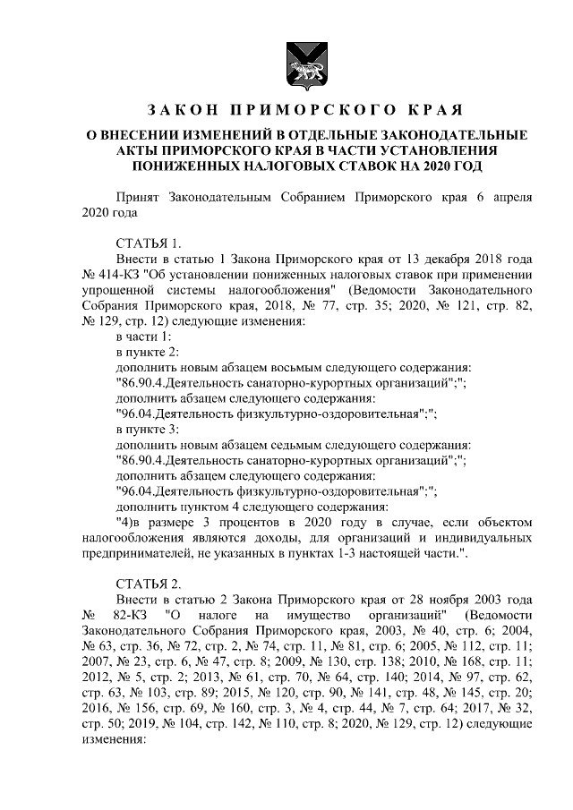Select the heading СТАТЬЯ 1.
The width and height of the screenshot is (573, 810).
pyautogui.click(x=149, y=243)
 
